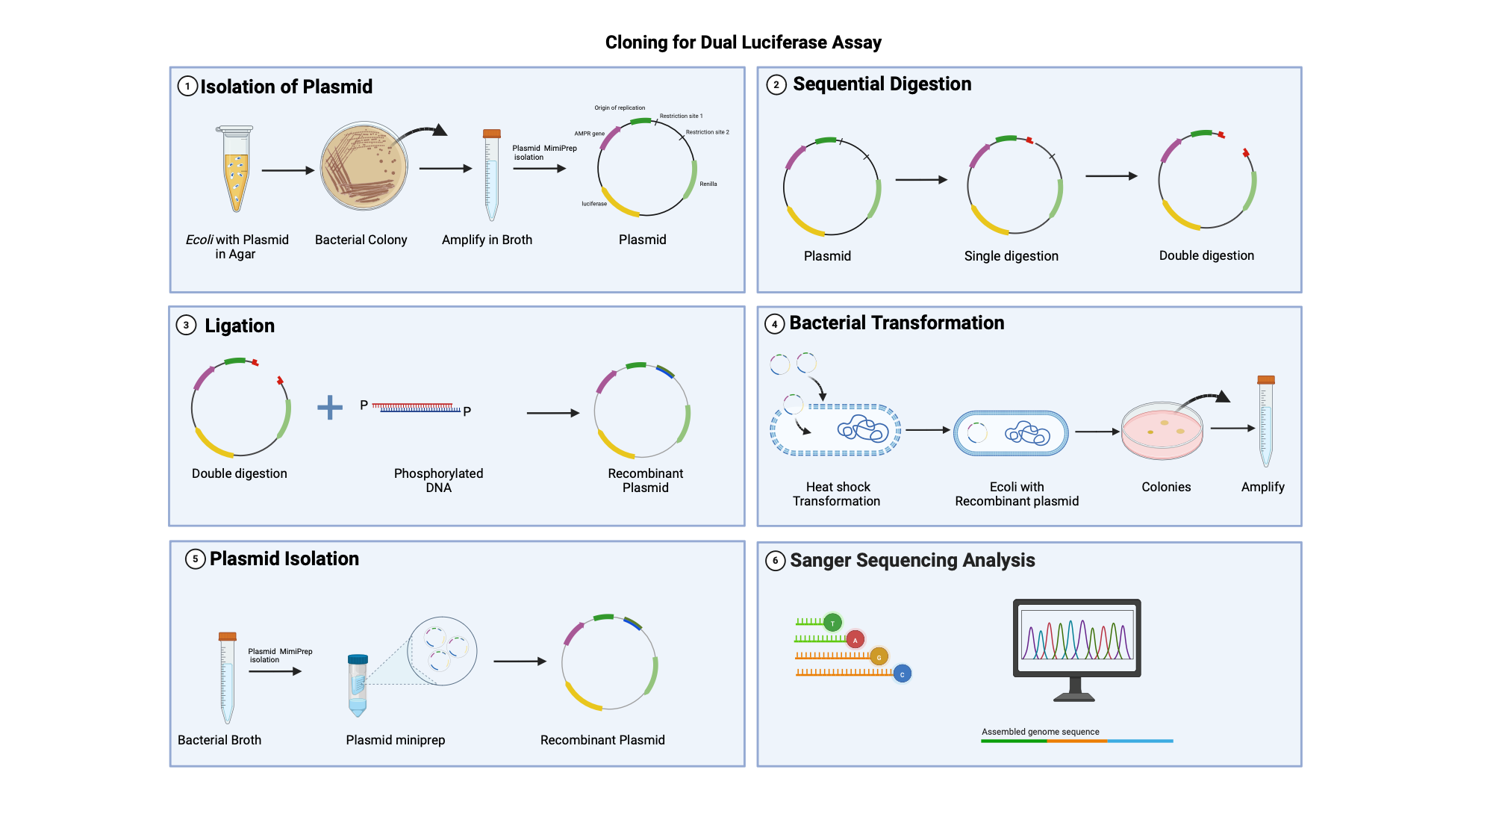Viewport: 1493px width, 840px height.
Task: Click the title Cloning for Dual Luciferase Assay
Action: (x=743, y=43)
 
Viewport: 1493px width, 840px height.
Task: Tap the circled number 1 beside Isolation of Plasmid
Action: (x=187, y=87)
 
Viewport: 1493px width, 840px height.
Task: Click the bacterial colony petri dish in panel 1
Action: (x=364, y=166)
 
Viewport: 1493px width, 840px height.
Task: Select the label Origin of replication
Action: (x=620, y=108)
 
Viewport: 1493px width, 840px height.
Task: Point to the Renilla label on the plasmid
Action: (x=708, y=184)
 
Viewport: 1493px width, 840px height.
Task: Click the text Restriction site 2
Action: (x=707, y=132)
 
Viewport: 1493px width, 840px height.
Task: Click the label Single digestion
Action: (x=1011, y=256)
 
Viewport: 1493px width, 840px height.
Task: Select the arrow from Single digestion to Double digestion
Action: (x=1111, y=176)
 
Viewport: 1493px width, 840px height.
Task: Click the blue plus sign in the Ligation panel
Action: (x=330, y=407)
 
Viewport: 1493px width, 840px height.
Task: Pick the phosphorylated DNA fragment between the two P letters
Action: (x=416, y=408)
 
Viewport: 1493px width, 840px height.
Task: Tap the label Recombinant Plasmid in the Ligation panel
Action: (x=645, y=480)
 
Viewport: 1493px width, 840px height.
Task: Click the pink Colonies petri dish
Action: (x=1162, y=432)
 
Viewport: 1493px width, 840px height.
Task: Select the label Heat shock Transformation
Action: (x=837, y=494)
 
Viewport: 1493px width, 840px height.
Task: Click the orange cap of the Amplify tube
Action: (x=1266, y=379)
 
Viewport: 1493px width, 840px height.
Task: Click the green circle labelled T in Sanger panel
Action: (x=832, y=623)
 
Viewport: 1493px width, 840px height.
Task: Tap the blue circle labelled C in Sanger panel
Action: (x=902, y=674)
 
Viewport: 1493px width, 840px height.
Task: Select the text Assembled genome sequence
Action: (x=1040, y=732)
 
